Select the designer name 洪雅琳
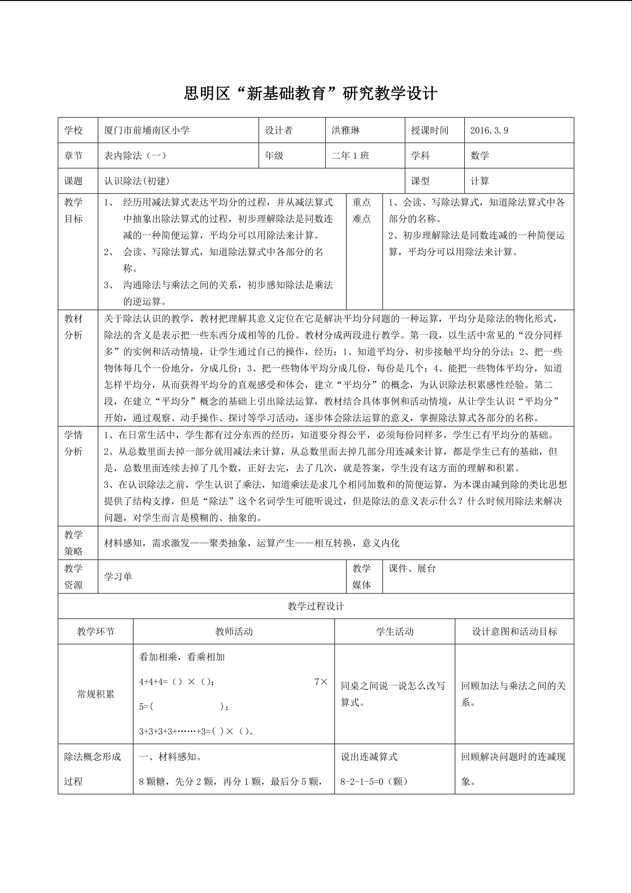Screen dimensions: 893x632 point(346,130)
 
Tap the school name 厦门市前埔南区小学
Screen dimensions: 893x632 point(147,130)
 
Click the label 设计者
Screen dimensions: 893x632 point(279,130)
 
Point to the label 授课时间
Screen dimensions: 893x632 point(430,130)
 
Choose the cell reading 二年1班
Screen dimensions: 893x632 point(350,156)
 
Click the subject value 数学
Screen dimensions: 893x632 point(479,156)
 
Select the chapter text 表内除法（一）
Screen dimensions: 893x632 point(135,156)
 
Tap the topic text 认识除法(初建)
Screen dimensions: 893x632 point(137,181)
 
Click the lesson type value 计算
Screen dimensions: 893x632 point(479,181)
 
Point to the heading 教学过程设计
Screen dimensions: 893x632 point(316,606)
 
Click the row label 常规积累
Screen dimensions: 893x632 point(95,694)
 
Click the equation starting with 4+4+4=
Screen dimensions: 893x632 point(177,682)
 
